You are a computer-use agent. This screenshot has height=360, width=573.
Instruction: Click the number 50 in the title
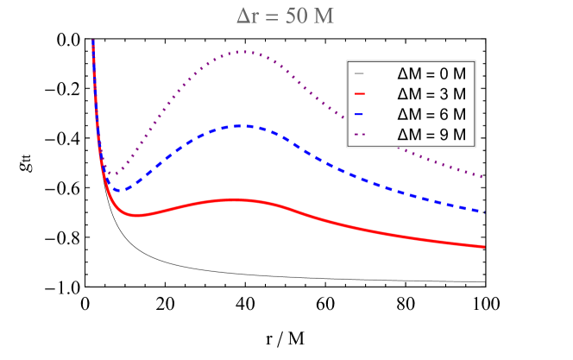295,17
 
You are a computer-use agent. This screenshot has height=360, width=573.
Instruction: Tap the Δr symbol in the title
248,17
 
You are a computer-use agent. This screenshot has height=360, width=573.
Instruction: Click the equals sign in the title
272,17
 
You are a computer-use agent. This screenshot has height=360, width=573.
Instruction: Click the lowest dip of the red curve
136,215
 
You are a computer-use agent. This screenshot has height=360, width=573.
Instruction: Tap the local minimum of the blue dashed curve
122,189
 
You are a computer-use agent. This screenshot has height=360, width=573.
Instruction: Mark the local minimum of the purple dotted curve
110,174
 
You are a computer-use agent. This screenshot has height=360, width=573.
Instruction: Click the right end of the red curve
483,247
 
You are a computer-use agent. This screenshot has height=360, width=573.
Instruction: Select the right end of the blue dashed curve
483,212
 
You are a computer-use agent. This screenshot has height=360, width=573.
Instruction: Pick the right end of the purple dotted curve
483,177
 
